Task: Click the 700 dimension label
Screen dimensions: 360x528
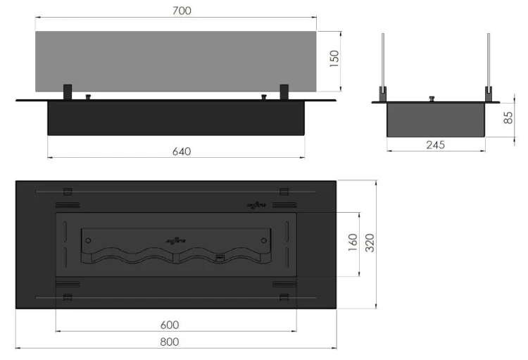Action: click(x=181, y=11)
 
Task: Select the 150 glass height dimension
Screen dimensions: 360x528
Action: click(x=334, y=60)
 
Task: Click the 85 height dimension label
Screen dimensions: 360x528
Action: click(x=508, y=118)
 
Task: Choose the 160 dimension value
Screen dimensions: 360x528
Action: click(x=353, y=243)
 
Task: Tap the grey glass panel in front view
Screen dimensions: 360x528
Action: click(x=176, y=60)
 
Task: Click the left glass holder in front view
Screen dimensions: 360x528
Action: click(x=68, y=92)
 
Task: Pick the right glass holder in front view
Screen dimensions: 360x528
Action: click(x=284, y=92)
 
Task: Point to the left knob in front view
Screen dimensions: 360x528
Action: click(x=88, y=97)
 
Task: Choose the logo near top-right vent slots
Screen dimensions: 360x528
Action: click(x=256, y=205)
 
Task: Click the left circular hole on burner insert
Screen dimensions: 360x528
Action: click(x=88, y=240)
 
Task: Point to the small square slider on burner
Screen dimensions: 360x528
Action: click(x=219, y=258)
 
